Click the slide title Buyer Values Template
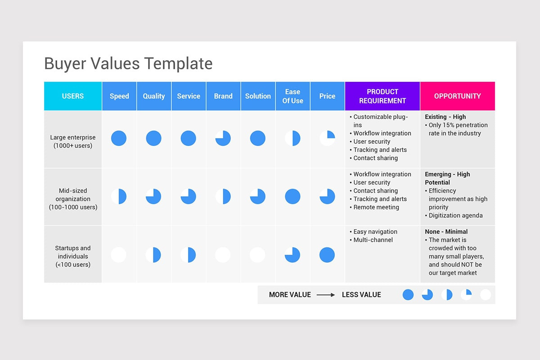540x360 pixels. click(x=128, y=63)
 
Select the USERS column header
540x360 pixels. click(x=73, y=96)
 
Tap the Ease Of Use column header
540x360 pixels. click(x=292, y=96)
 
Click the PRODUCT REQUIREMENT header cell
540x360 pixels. click(x=382, y=96)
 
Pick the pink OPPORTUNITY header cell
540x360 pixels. click(x=457, y=96)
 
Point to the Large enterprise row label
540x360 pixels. click(x=73, y=141)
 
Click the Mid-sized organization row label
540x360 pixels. click(x=73, y=199)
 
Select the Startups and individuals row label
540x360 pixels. click(x=73, y=256)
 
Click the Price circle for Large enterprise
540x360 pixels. click(x=327, y=138)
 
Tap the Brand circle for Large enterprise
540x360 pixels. click(x=223, y=138)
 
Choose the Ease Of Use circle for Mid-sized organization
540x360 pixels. click(x=292, y=196)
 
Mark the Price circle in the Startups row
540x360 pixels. click(x=327, y=255)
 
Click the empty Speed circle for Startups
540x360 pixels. click(x=119, y=255)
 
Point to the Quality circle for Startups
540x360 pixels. click(x=153, y=255)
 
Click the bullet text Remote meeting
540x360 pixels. click(x=376, y=207)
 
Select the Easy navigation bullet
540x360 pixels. click(x=375, y=232)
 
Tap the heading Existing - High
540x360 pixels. click(x=445, y=117)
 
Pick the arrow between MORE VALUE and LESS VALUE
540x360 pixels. click(x=326, y=295)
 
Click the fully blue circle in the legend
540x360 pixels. click(x=408, y=295)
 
